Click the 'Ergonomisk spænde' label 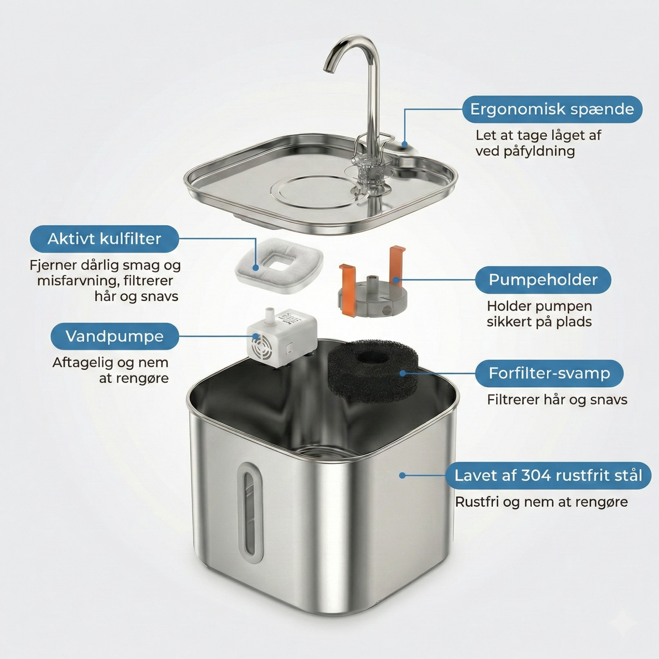click(x=552, y=109)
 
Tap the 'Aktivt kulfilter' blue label click(x=104, y=239)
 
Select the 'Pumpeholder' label click(x=543, y=280)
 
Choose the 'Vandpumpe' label click(x=114, y=336)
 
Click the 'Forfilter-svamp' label click(x=549, y=373)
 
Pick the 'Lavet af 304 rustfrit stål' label click(x=548, y=476)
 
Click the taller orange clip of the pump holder click(x=397, y=263)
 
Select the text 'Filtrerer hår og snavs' click(x=557, y=400)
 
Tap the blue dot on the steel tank click(x=402, y=476)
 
